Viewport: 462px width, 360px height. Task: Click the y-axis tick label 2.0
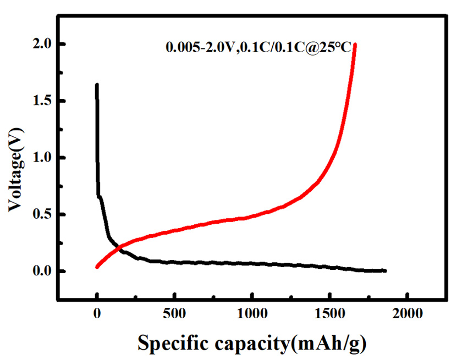(40, 44)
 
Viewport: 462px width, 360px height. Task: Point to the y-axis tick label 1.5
(40, 101)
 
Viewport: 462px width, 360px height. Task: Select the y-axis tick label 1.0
(40, 158)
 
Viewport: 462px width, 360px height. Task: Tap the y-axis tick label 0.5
(40, 215)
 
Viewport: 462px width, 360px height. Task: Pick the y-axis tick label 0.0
(40, 272)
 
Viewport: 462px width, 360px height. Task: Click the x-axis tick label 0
(97, 314)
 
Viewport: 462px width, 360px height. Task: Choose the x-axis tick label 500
(174, 314)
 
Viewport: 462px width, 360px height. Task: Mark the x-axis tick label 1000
(252, 314)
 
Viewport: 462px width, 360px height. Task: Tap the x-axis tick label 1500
(329, 314)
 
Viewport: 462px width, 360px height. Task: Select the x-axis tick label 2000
(407, 314)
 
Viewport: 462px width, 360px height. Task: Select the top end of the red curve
(355, 45)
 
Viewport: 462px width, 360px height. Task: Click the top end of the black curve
(97, 85)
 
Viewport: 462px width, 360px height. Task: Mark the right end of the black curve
(385, 270)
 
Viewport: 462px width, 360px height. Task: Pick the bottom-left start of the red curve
(97, 267)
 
